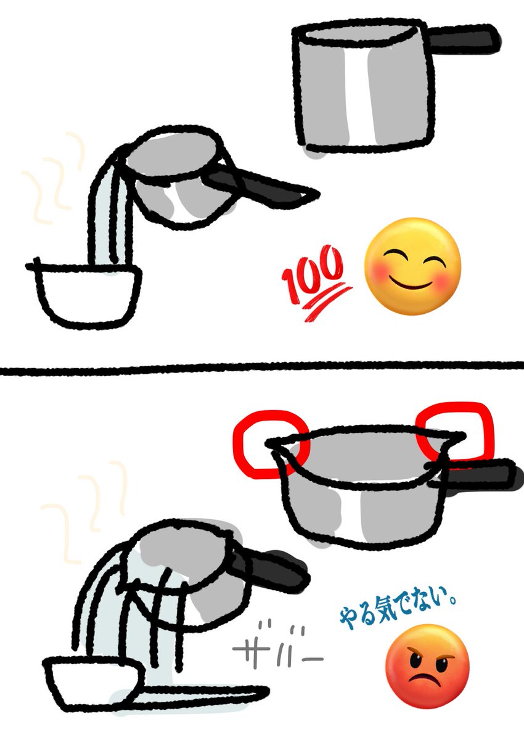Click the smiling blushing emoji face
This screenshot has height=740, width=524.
(412, 266)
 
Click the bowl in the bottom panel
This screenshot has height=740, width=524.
(92, 681)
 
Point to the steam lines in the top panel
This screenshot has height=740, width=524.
(55, 179)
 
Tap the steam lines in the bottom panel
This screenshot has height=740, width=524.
(86, 506)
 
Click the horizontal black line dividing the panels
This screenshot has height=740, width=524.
(262, 369)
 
